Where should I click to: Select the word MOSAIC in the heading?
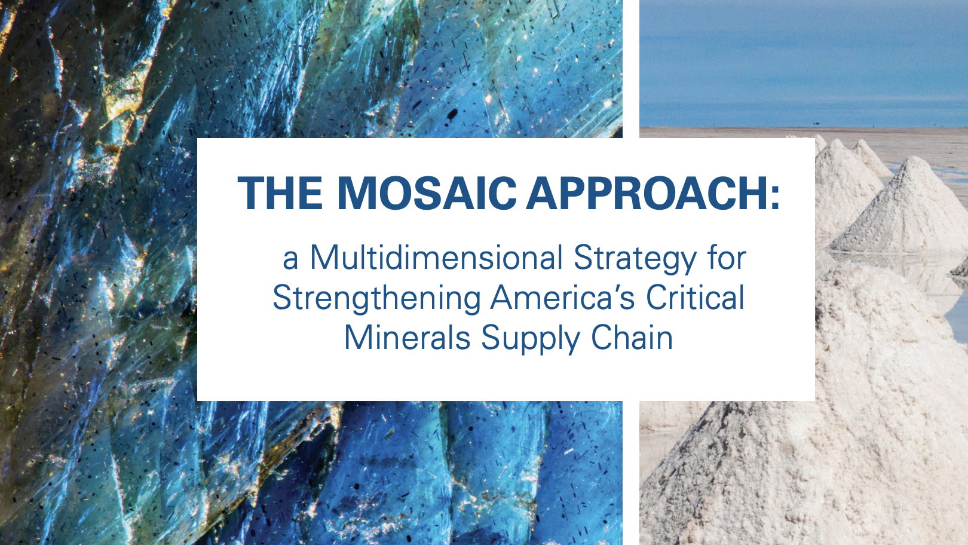[x=427, y=194]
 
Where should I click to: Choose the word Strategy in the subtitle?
[x=635, y=259]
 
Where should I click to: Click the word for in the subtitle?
[x=727, y=258]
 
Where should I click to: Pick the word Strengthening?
[x=376, y=299]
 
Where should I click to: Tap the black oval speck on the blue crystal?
[x=452, y=114]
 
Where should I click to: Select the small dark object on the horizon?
[x=817, y=124]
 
